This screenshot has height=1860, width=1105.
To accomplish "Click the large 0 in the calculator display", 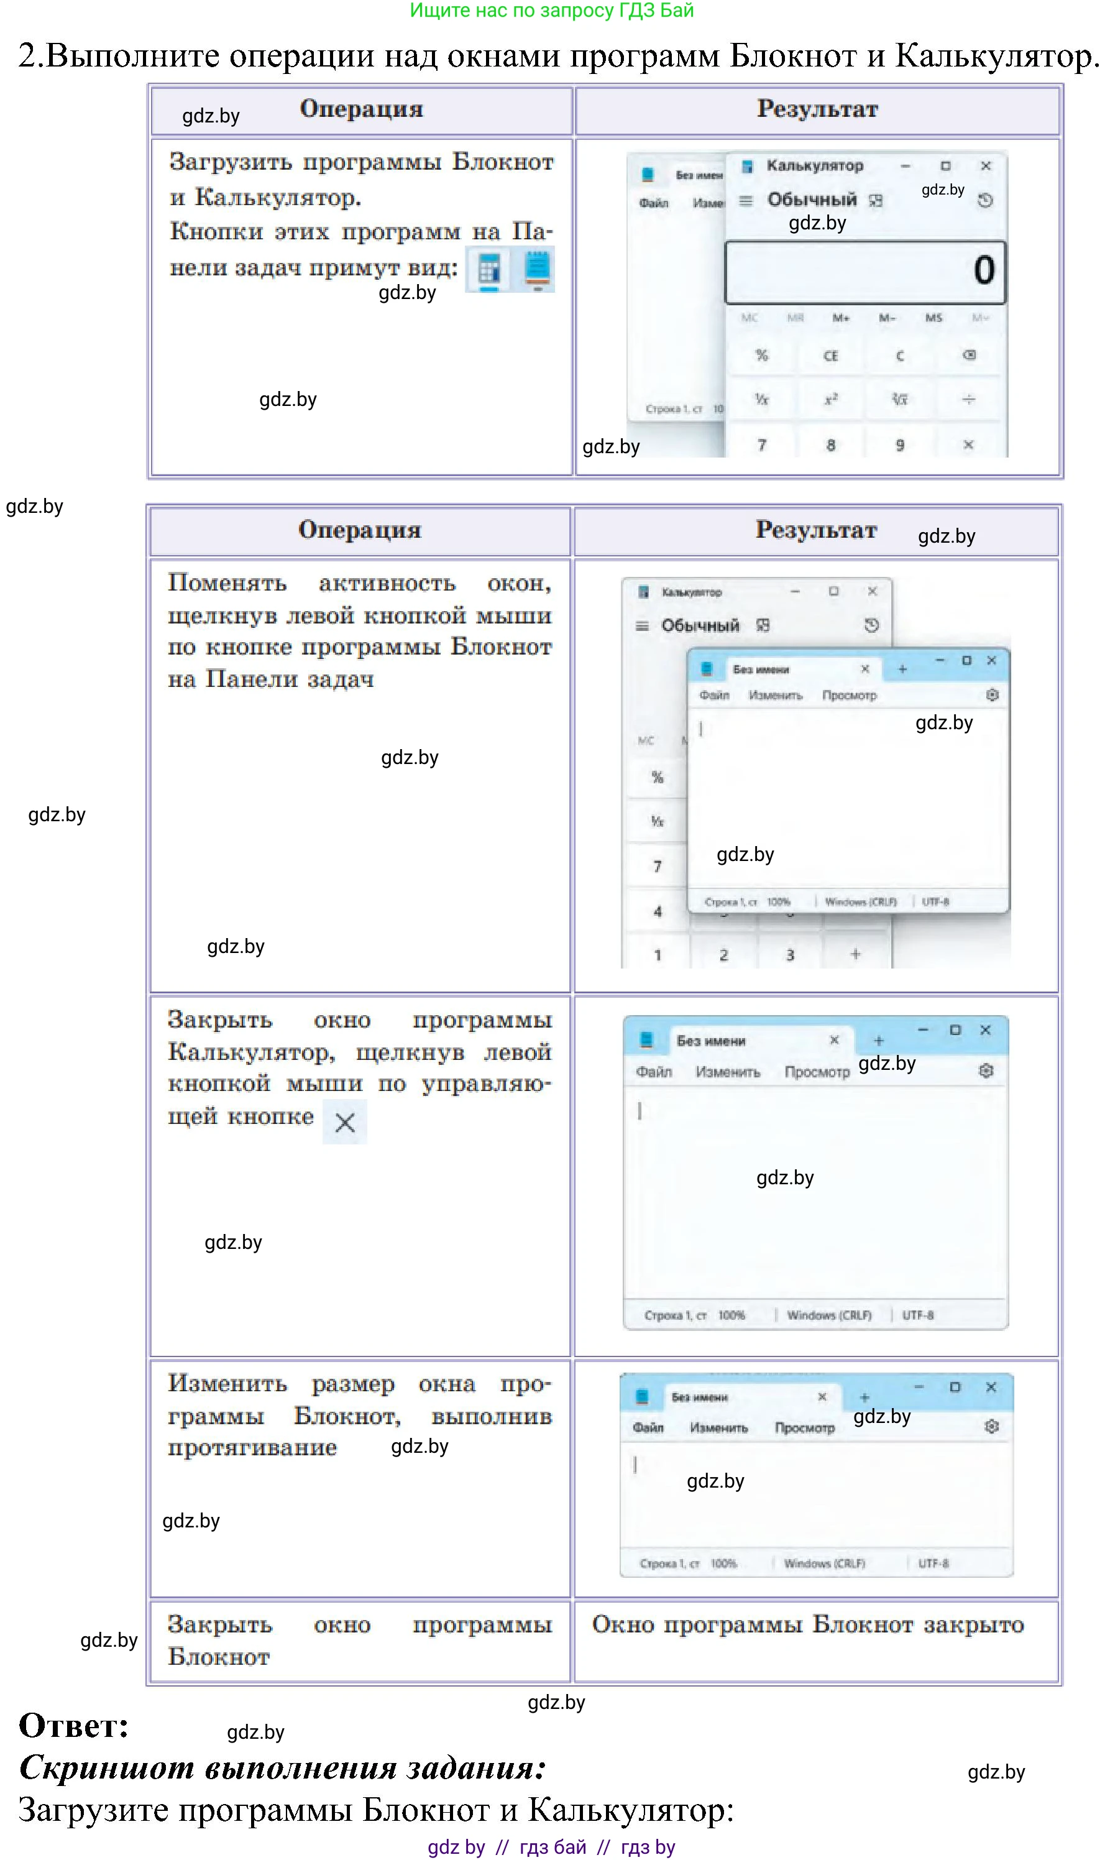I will [x=984, y=270].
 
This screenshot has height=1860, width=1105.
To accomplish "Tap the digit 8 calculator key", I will [x=830, y=444].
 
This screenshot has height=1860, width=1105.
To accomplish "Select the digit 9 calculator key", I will [x=899, y=444].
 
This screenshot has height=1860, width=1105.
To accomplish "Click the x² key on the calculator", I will [x=830, y=399].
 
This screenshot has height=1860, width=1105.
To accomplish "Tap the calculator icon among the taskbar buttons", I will [x=488, y=270].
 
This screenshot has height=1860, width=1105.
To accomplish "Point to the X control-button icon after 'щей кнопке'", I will [x=345, y=1122].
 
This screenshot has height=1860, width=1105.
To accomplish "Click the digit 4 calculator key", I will [x=658, y=911].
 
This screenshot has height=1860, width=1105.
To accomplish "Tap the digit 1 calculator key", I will [x=658, y=955].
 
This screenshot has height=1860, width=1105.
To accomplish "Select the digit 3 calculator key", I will [x=790, y=955].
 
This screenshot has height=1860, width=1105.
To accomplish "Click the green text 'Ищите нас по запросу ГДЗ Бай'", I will [x=552, y=11].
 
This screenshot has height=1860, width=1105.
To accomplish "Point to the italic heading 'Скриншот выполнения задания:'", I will [x=283, y=1767].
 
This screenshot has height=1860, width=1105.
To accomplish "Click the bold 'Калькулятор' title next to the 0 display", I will [x=815, y=165].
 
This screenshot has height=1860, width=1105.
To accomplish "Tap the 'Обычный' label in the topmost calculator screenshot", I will [x=812, y=200].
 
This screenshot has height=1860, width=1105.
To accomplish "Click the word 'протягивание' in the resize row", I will [x=252, y=1447].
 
